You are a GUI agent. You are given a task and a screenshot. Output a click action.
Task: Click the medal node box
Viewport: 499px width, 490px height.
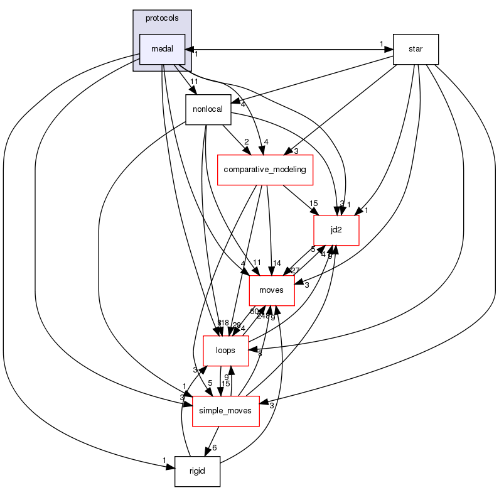tap(162, 49)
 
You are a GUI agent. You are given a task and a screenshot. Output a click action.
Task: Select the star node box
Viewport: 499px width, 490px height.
tap(415, 49)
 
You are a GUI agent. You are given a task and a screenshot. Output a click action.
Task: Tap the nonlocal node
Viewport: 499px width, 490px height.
tap(208, 109)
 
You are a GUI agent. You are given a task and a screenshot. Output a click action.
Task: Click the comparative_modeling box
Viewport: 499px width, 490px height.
tap(265, 169)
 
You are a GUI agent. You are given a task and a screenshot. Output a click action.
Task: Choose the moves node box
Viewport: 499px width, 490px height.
tap(272, 290)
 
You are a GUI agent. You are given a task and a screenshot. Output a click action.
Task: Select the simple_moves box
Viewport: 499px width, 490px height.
tap(225, 411)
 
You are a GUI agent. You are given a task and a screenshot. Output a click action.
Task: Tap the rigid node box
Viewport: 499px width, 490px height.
tap(197, 471)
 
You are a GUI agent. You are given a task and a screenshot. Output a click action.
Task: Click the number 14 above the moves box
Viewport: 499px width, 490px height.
tap(277, 262)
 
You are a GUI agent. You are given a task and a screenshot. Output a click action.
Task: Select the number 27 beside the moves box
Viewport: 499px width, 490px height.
tap(295, 270)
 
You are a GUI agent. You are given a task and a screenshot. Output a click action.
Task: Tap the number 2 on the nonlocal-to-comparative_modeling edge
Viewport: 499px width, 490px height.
tap(247, 143)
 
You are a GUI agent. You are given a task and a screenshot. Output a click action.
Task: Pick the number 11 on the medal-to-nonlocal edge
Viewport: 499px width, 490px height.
tap(195, 82)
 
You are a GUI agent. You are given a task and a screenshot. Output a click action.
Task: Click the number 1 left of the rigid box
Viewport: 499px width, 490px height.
tap(164, 461)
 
